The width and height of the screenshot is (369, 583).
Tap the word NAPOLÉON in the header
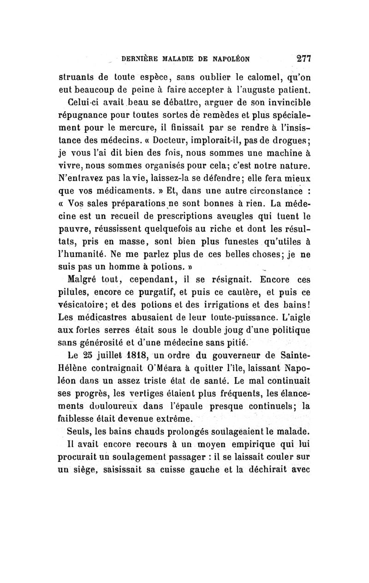pyautogui.click(x=224, y=59)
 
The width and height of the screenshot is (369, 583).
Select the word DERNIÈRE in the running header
pyautogui.click(x=138, y=59)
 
